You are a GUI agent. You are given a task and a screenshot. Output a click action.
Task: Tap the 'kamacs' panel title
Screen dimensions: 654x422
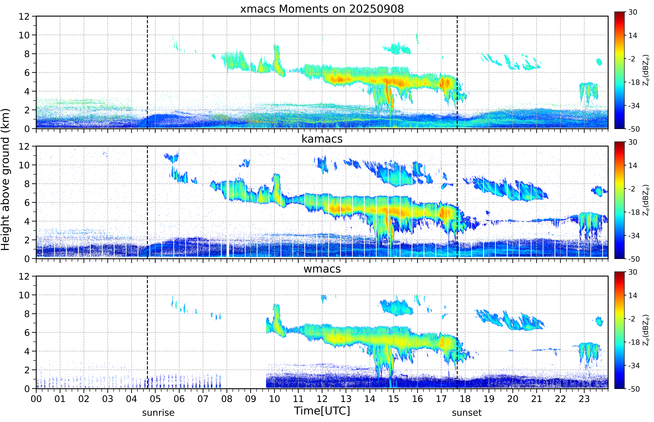click(x=322, y=139)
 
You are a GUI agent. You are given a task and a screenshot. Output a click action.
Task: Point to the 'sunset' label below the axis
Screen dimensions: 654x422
click(x=467, y=413)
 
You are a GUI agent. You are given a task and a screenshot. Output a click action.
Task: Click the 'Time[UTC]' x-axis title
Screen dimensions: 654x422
click(x=322, y=411)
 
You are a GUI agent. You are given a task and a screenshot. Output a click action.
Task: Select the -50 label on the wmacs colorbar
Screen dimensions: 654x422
click(x=634, y=389)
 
